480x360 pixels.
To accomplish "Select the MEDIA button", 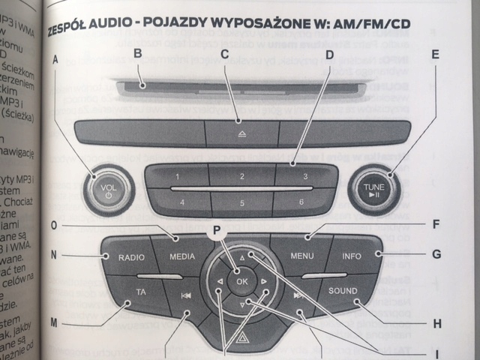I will tap(181, 256).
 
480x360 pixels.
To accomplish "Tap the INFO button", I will tap(351, 256).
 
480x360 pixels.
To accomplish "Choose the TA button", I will tap(140, 292).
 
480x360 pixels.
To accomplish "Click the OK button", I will tap(241, 281).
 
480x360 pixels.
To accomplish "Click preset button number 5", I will tap(241, 202).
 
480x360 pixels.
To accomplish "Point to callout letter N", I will tap(54, 255).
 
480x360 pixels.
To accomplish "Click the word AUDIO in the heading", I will tap(112, 31).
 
